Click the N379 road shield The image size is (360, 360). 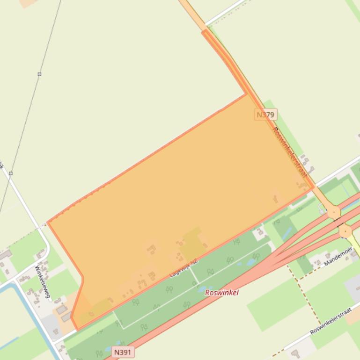(x=266, y=114)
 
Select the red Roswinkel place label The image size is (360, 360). (x=222, y=293)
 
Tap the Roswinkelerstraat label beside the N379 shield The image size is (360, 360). (x=290, y=152)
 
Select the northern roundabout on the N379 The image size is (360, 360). (x=334, y=212)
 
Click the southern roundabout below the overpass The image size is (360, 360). (x=345, y=230)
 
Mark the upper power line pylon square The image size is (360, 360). (x=39, y=74)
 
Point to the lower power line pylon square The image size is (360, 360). (x=10, y=173)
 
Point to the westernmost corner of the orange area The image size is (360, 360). (x=49, y=222)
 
